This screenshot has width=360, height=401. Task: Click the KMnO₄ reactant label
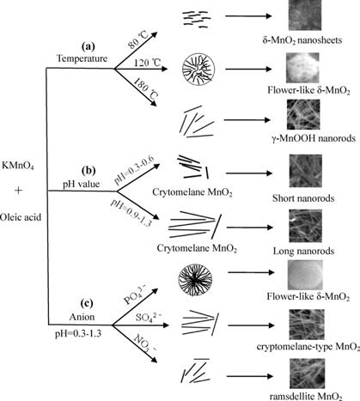(18, 166)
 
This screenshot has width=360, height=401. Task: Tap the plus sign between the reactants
(18, 191)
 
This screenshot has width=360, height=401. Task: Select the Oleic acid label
(21, 217)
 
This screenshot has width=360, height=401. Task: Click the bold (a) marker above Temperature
(88, 46)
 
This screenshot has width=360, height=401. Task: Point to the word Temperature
(82, 58)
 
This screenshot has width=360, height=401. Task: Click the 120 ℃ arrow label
(148, 63)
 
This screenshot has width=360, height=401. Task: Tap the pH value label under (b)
(82, 184)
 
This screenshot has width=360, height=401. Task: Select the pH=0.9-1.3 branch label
(131, 212)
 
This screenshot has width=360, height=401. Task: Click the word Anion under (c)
(82, 317)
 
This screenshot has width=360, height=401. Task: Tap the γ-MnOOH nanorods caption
(313, 138)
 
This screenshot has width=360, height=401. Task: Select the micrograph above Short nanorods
(306, 171)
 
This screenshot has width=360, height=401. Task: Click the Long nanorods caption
(303, 252)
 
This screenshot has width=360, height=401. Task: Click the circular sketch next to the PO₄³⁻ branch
(195, 280)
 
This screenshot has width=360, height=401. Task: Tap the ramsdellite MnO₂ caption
(306, 397)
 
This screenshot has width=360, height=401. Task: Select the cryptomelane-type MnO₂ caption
(308, 347)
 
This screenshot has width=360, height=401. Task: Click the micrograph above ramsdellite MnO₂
(308, 374)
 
